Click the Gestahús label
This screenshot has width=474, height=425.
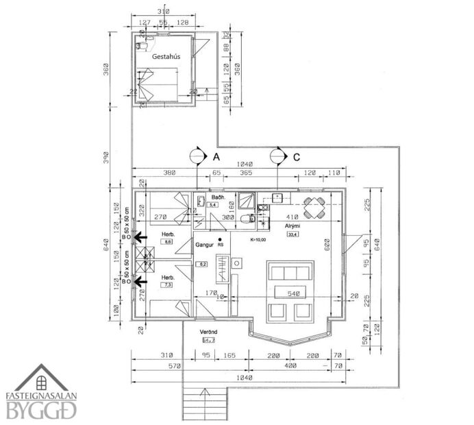tap(165, 58)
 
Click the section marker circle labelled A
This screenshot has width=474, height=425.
tap(197, 156)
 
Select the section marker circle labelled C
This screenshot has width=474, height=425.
tap(278, 156)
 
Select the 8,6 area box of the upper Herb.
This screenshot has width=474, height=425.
tap(168, 242)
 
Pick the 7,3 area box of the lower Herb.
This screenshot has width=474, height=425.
tap(168, 284)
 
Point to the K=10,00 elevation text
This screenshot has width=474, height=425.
tap(261, 240)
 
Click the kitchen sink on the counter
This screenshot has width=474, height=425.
tap(277, 197)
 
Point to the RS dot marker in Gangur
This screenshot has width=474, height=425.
tap(220, 241)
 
